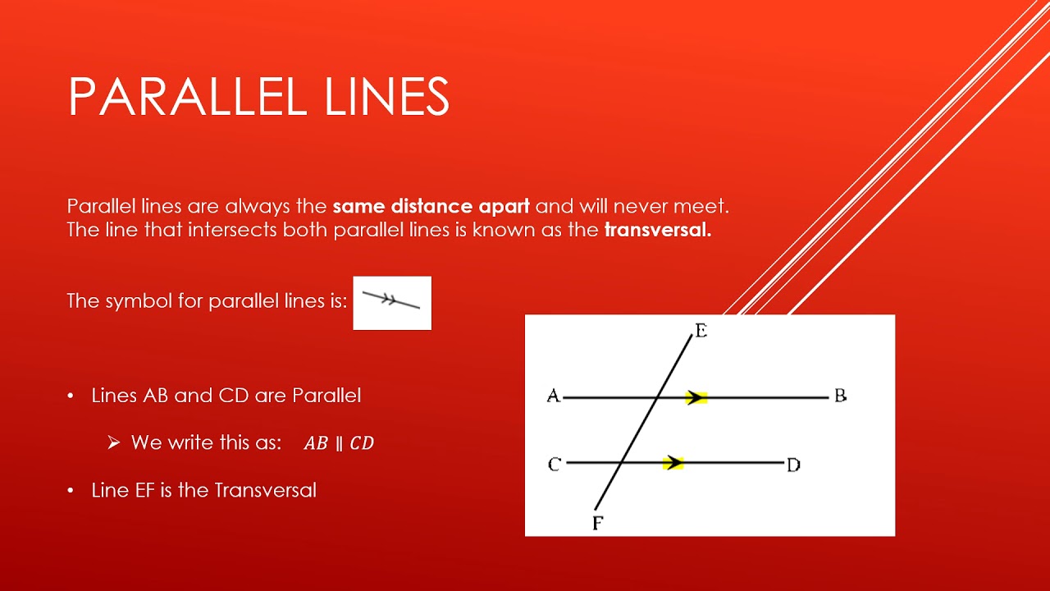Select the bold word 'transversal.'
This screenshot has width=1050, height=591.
click(x=658, y=230)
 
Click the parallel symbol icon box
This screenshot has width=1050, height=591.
click(x=392, y=303)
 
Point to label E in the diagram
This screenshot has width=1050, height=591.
click(x=701, y=331)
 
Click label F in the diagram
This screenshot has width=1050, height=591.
click(x=598, y=523)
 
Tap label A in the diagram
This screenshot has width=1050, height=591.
click(x=554, y=396)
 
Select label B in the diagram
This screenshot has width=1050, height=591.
click(x=840, y=396)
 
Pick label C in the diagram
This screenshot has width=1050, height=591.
click(x=555, y=465)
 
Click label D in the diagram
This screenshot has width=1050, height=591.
click(x=793, y=465)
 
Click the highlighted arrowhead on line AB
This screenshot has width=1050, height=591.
click(x=696, y=398)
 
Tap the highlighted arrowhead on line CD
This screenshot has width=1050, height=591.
click(x=673, y=463)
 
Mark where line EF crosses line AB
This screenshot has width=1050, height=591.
click(x=658, y=398)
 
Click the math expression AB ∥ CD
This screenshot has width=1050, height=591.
click(x=339, y=444)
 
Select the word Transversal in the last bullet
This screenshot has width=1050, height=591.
click(x=265, y=491)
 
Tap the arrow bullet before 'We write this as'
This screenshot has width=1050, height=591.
click(x=114, y=442)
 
